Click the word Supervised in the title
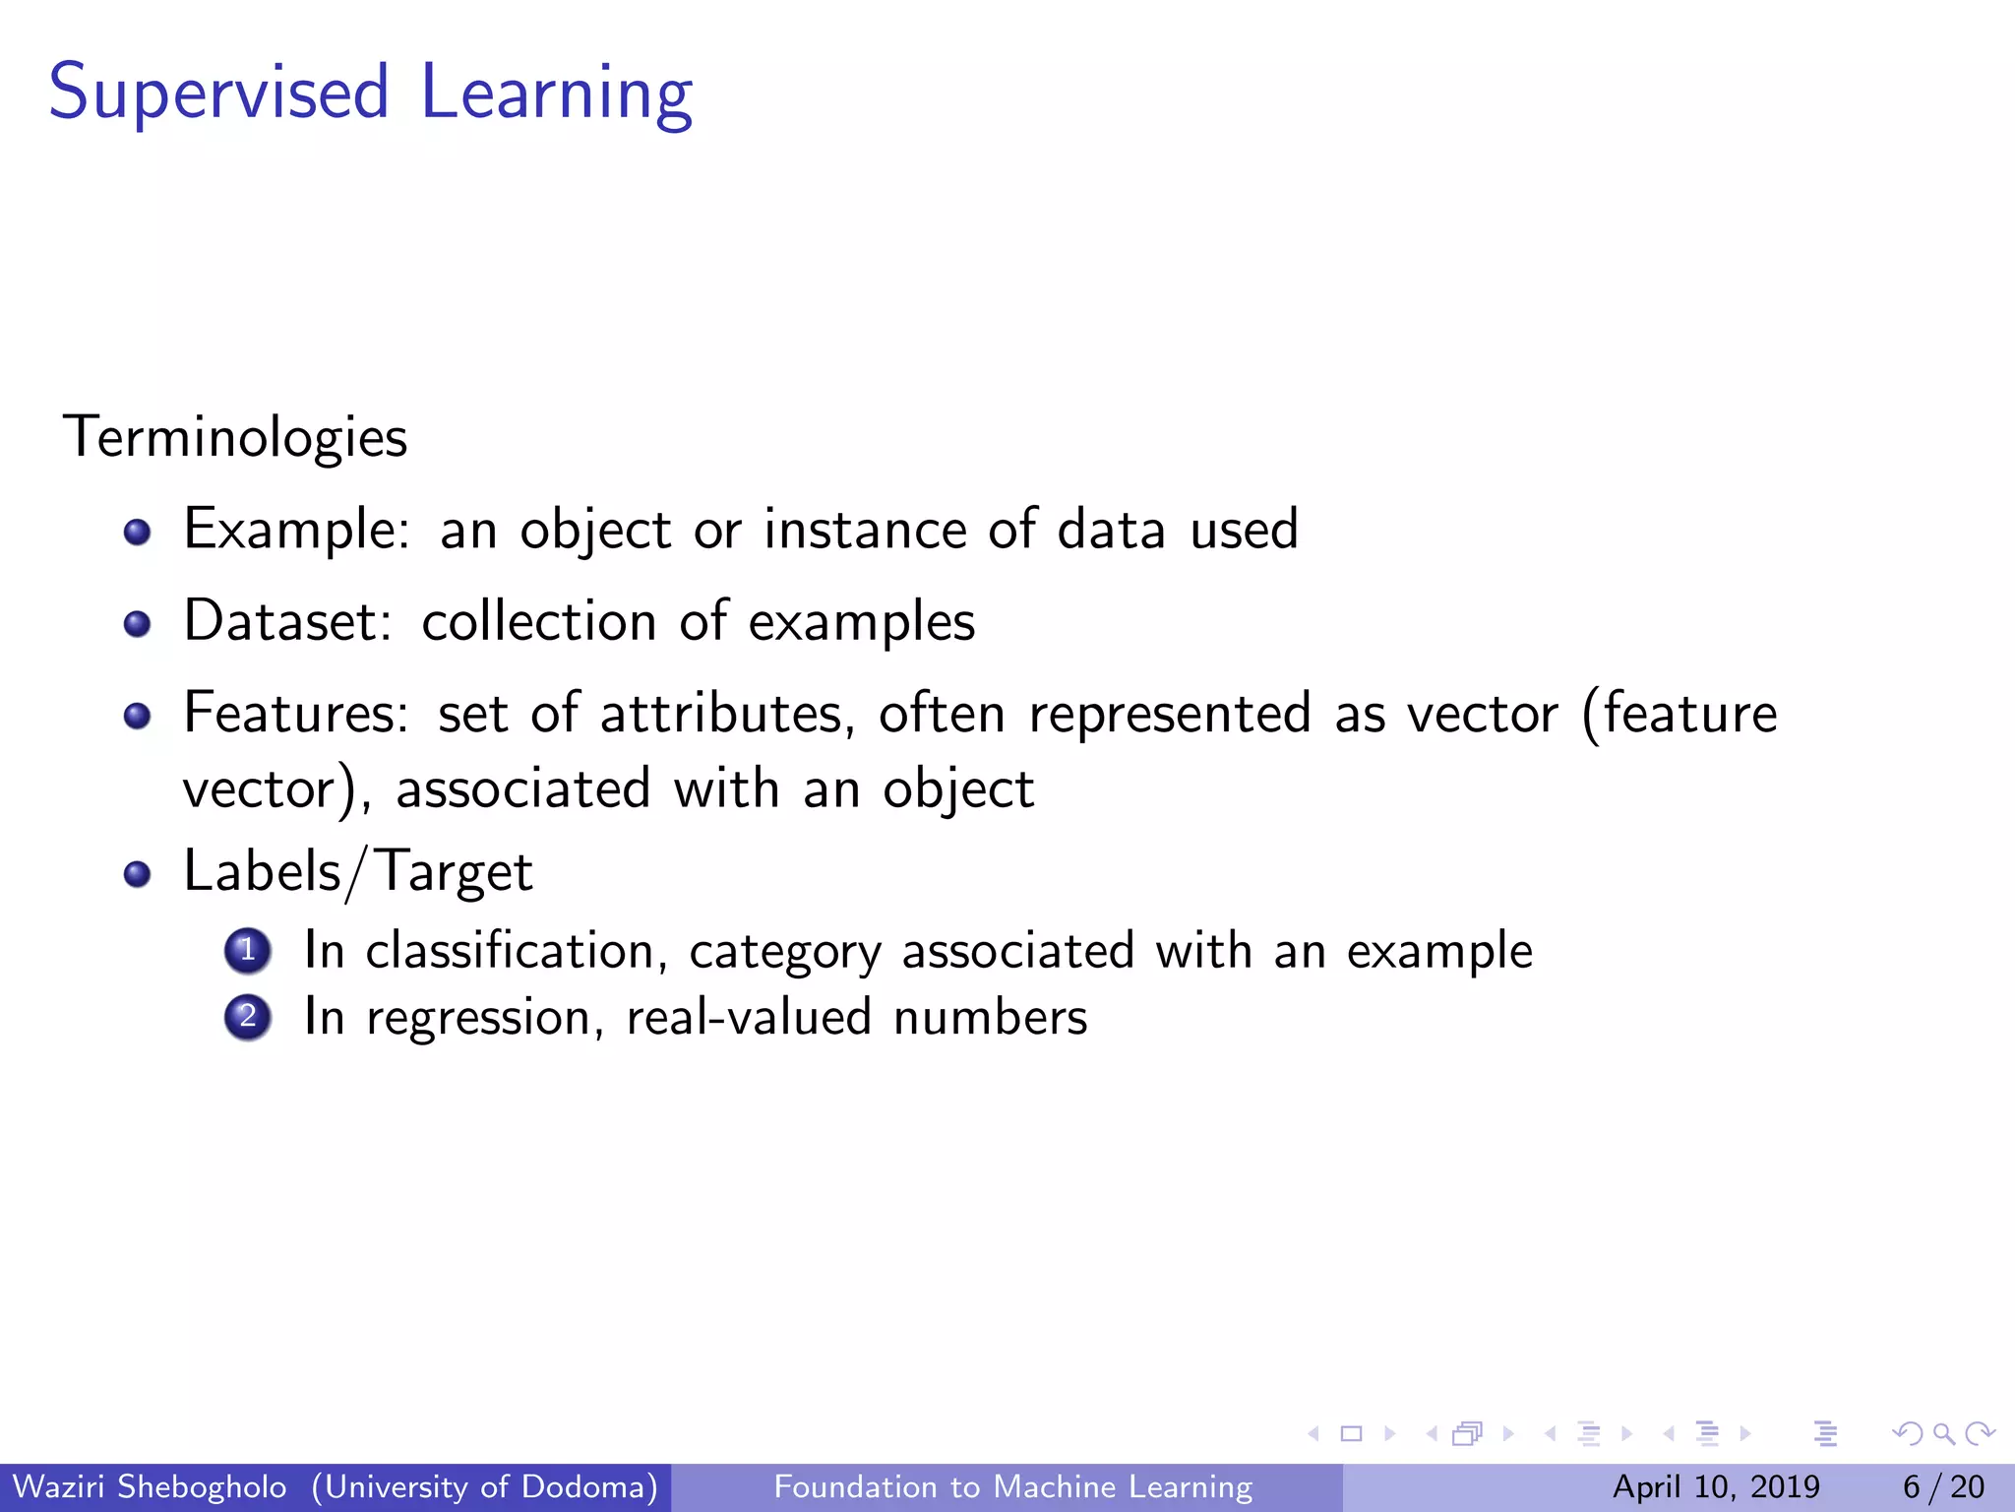pos(218,94)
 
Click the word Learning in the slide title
pos(556,94)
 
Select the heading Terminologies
pos(235,437)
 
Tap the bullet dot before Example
pos(137,533)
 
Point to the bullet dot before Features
pos(137,716)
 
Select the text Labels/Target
pos(357,872)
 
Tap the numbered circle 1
pos(248,951)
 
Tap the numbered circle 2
pos(248,1017)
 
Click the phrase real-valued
pos(748,1017)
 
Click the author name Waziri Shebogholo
pos(150,1486)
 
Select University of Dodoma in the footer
pos(484,1486)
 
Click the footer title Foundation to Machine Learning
pos(1012,1486)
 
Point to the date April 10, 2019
pos(1716,1486)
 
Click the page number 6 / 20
pos(1943,1486)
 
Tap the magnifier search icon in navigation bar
pos(1943,1434)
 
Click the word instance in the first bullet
pos(866,530)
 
